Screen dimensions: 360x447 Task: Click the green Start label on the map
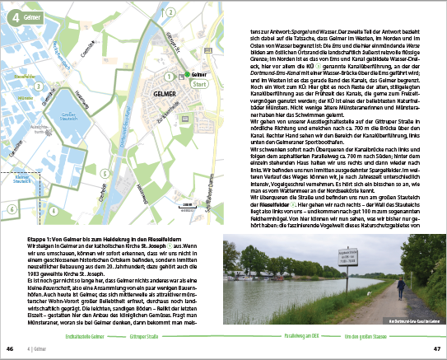click(198, 83)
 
